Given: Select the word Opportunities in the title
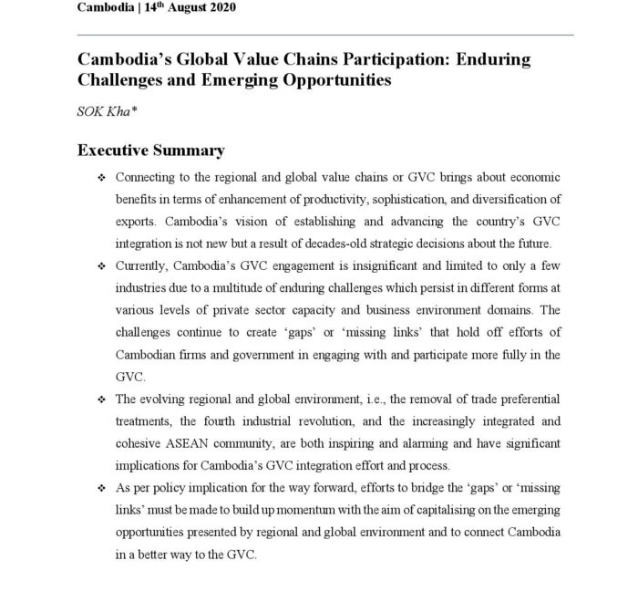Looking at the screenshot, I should point(324,80).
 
